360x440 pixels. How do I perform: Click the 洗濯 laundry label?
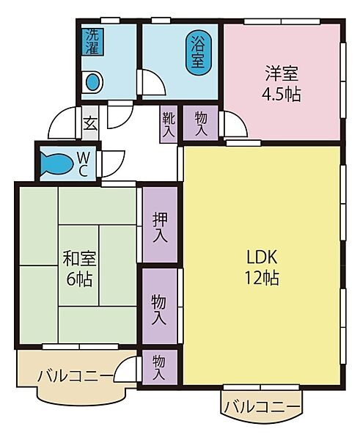(x=92, y=42)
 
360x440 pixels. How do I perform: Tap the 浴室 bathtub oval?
(x=197, y=53)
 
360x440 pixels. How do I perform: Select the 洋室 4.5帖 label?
(x=282, y=84)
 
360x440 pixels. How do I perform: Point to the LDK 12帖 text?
(x=260, y=268)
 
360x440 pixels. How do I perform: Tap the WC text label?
(x=83, y=164)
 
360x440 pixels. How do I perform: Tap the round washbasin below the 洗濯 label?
(x=93, y=82)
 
